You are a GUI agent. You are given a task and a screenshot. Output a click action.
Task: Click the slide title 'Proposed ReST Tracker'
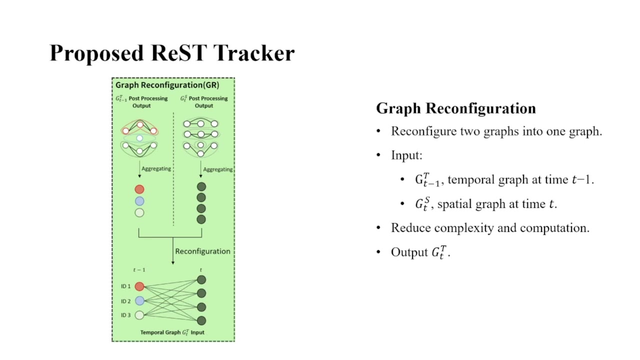172,53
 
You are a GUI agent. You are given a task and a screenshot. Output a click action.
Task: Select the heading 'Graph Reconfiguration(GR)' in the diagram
167,85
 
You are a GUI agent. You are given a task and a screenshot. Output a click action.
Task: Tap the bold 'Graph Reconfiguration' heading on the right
455,108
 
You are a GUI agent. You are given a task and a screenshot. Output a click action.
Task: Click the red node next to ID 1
139,286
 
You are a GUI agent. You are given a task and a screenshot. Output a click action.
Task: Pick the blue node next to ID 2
139,300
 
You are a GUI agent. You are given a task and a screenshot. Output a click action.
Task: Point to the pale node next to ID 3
139,315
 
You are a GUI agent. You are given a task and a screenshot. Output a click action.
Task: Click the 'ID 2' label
125,301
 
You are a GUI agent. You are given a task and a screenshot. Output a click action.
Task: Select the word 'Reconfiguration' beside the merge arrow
202,251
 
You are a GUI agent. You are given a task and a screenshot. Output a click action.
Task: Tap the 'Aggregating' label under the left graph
156,168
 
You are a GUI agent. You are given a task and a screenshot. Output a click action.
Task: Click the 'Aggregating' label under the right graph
217,169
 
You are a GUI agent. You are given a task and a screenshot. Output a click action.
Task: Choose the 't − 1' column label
139,270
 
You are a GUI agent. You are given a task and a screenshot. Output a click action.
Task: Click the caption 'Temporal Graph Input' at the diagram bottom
172,332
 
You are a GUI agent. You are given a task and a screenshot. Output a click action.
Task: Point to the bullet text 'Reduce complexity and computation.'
490,228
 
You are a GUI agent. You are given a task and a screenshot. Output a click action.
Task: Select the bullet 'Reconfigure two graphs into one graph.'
496,131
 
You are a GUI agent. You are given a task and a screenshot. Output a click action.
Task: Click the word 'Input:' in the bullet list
406,155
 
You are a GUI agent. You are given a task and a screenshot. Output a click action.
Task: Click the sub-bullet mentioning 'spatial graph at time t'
485,204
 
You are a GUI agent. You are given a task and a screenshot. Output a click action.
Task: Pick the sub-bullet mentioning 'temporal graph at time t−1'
504,180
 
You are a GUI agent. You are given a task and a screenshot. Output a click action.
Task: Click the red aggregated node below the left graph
139,189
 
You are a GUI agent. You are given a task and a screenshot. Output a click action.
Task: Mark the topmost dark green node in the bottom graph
201,280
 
